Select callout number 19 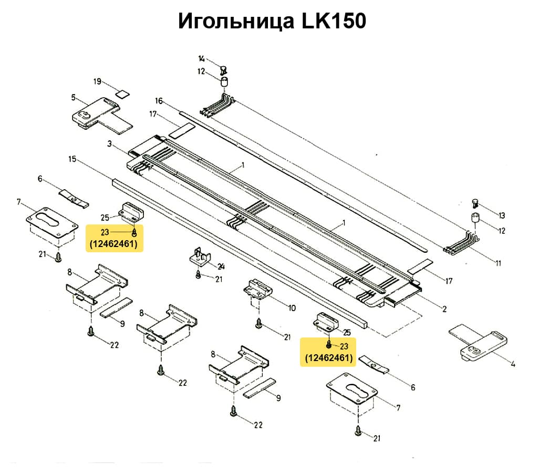(x=97, y=81)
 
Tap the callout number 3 (x=109, y=143)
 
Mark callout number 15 (x=73, y=158)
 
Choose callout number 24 (x=221, y=266)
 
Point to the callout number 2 (x=444, y=309)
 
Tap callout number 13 (x=502, y=215)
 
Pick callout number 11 (x=498, y=263)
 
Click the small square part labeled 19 (x=122, y=95)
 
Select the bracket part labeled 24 (x=200, y=257)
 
